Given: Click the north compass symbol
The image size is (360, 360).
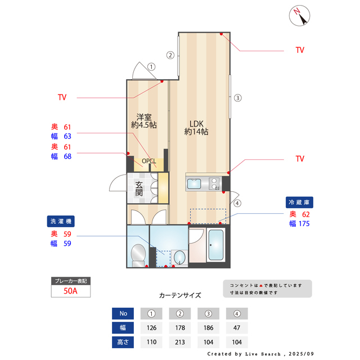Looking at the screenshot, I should [300, 16].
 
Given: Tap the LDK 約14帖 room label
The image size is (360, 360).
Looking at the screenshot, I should [196, 128].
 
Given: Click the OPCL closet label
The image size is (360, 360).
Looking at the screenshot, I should [148, 161].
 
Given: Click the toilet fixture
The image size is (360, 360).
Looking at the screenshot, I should [137, 255].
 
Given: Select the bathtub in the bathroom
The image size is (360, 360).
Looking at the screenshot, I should [215, 246].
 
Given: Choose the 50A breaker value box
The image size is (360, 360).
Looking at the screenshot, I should [70, 291].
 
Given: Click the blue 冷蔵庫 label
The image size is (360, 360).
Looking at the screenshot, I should [299, 202].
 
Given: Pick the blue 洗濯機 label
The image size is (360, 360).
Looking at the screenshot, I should [60, 222].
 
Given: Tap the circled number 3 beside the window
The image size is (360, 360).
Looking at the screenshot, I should [238, 98].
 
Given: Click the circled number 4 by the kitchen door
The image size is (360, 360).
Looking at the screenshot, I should [237, 203].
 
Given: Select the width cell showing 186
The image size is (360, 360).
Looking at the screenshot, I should [209, 327].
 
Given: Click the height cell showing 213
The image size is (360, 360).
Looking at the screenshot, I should [181, 342].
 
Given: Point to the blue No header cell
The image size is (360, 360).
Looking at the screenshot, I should [123, 313].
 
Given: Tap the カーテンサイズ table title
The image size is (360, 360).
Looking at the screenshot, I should [180, 295].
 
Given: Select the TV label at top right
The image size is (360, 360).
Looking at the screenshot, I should [300, 50].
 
